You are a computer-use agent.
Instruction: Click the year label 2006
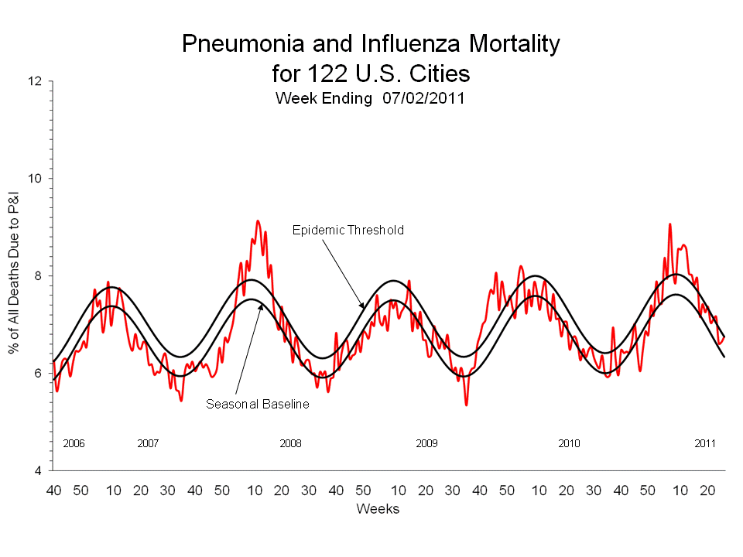pyautogui.click(x=74, y=444)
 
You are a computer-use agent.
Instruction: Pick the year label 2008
pyautogui.click(x=290, y=444)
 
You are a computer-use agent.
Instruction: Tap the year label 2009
pyautogui.click(x=426, y=444)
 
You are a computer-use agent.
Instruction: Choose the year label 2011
pyautogui.click(x=705, y=444)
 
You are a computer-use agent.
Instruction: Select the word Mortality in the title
pyautogui.click(x=511, y=44)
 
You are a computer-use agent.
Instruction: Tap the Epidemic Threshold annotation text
pyautogui.click(x=348, y=231)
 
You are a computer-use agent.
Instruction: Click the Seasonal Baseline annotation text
pyautogui.click(x=258, y=404)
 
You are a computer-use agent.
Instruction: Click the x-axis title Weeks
pyautogui.click(x=378, y=508)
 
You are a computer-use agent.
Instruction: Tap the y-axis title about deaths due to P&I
pyautogui.click(x=14, y=275)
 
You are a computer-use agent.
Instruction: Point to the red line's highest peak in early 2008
pyautogui.click(x=258, y=221)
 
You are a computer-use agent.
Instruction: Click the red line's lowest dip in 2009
pyautogui.click(x=466, y=405)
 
